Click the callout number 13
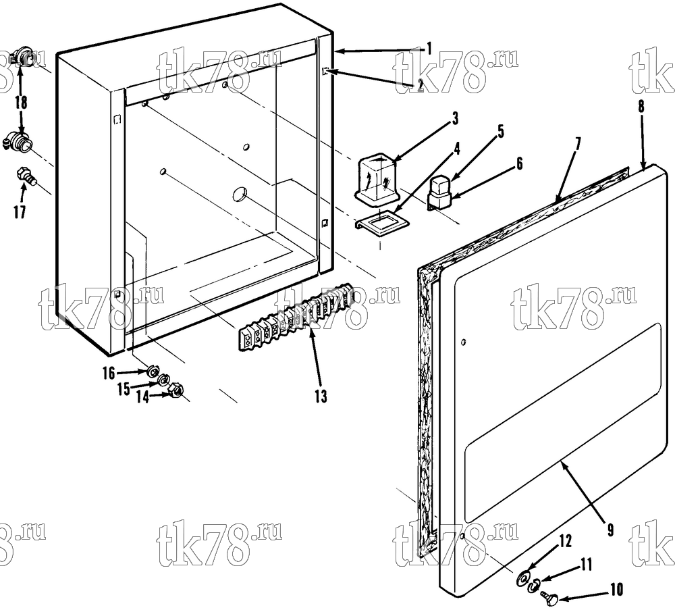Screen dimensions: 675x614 pos(321,396)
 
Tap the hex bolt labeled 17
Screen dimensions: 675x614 pos(26,176)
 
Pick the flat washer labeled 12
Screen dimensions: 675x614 pos(523,578)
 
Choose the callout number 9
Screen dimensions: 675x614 pos(610,530)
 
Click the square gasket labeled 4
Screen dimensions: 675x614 pos(382,222)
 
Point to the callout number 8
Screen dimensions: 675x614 pos(641,107)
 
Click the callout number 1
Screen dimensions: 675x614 pos(429,48)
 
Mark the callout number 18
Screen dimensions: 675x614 pos(21,102)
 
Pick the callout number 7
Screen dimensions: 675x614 pos(578,144)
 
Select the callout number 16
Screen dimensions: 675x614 pos(109,373)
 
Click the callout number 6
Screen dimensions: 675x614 pos(519,163)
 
